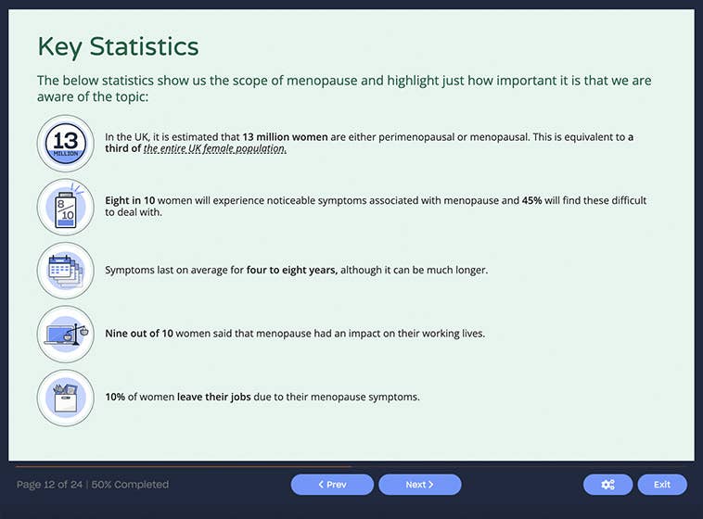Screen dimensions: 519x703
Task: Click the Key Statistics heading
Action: tap(118, 45)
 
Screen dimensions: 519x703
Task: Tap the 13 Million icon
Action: tap(66, 144)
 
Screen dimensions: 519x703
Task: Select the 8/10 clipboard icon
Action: tap(66, 207)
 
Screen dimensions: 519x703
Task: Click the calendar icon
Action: tap(66, 271)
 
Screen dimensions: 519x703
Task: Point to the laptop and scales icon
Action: tap(66, 334)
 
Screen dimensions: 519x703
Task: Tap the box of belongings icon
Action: tap(66, 398)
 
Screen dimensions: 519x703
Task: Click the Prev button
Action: tap(332, 485)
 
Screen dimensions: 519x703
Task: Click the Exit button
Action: tap(662, 485)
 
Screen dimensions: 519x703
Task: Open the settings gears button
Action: tap(607, 485)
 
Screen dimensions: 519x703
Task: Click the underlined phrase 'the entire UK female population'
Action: tap(215, 149)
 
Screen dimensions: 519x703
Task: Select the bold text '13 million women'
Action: tap(285, 137)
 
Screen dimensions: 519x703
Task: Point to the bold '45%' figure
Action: tap(532, 200)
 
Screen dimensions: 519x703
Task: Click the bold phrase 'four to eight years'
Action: tap(292, 271)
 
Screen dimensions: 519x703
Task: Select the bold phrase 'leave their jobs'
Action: tap(214, 398)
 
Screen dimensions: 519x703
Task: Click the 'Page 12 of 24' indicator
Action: tap(49, 485)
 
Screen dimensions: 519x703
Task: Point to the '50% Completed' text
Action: tap(130, 485)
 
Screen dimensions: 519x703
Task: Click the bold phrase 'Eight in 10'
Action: tap(130, 200)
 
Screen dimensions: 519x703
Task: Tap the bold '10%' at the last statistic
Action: tap(115, 398)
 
